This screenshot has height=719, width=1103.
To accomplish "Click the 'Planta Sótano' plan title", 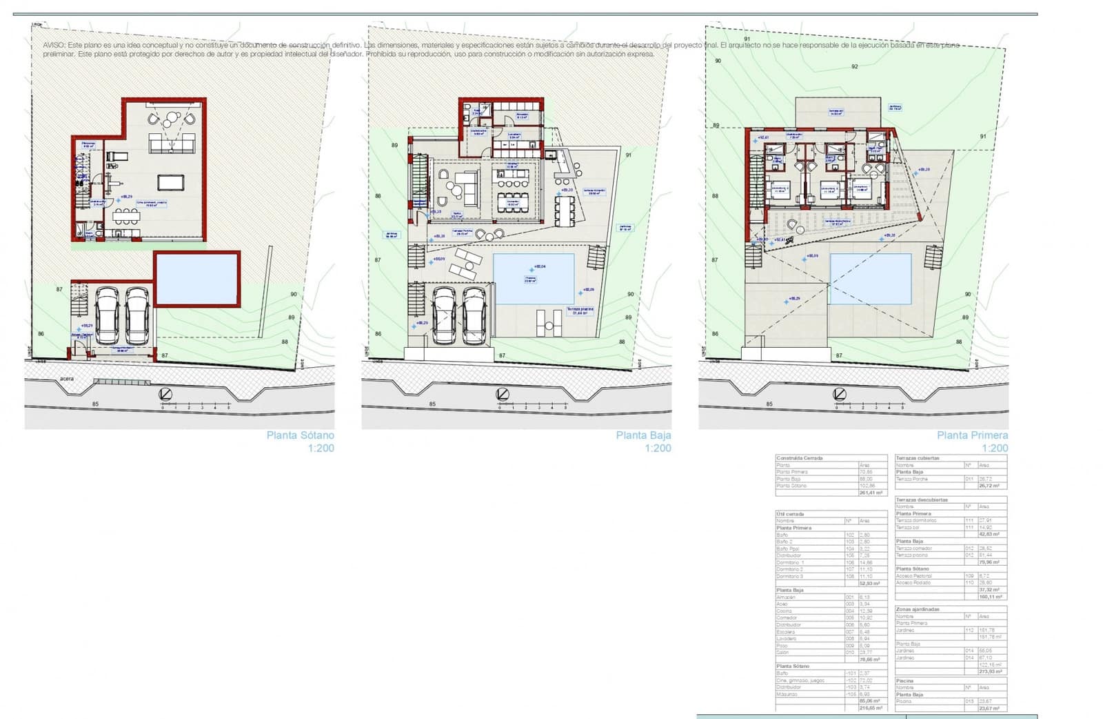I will (300, 435).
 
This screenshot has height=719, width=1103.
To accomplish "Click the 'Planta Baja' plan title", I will (642, 435).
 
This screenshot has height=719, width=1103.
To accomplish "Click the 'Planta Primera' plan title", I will (972, 435).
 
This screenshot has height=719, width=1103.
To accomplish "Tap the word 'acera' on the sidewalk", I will (67, 379).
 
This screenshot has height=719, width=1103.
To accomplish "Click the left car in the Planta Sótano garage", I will (108, 315).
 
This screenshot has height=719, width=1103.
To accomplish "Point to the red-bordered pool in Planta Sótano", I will (196, 279).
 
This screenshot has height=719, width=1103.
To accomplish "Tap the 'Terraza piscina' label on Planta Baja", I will (579, 310).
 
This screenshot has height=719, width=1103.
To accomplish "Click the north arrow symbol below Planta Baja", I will (502, 394).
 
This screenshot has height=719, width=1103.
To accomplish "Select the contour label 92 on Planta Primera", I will (854, 67).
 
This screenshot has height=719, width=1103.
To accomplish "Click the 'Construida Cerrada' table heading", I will (800, 458).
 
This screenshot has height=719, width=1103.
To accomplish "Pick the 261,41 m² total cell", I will (871, 493).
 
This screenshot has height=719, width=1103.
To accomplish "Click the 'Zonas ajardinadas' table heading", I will (917, 609).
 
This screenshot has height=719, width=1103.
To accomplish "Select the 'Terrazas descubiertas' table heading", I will (922, 500).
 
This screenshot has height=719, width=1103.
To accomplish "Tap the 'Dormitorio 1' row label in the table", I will (790, 562).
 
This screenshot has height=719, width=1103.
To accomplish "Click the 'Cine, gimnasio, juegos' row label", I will (800, 680).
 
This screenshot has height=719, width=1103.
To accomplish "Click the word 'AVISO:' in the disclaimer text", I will (53, 45).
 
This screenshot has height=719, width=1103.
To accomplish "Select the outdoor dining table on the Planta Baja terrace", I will (565, 211).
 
